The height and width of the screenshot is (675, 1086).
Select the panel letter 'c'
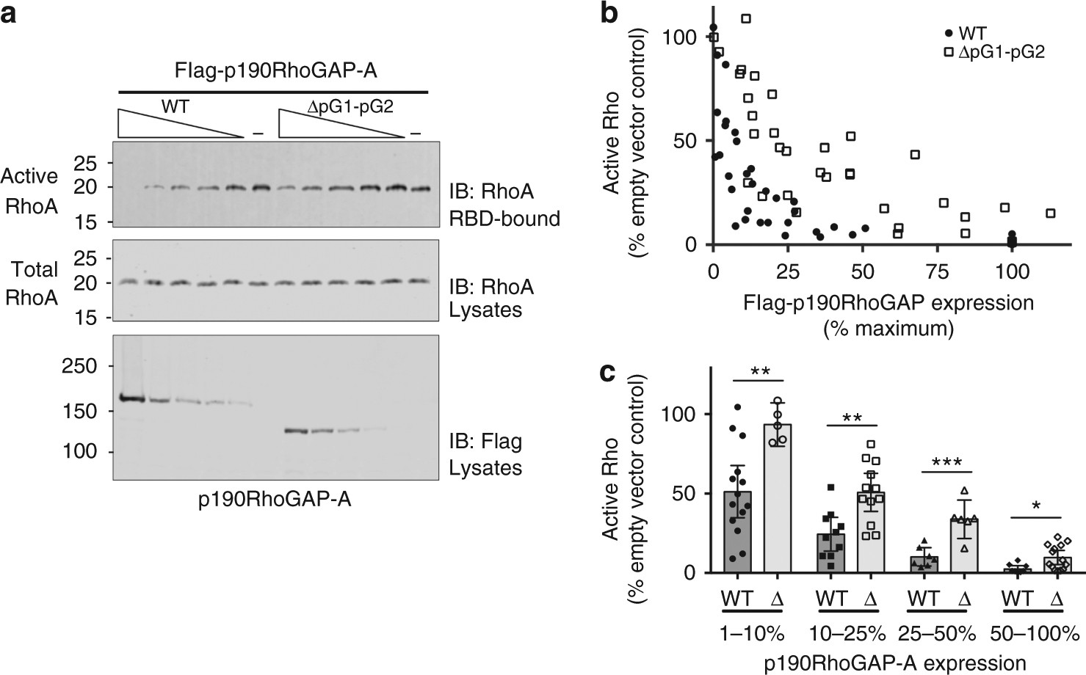coord(609,374)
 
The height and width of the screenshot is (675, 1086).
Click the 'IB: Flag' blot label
coord(485,442)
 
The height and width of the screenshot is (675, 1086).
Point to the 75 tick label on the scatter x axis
coord(938,271)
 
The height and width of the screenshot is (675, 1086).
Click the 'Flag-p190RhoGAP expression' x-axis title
coord(888,303)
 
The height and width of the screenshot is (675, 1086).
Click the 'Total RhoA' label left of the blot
coord(35,282)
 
